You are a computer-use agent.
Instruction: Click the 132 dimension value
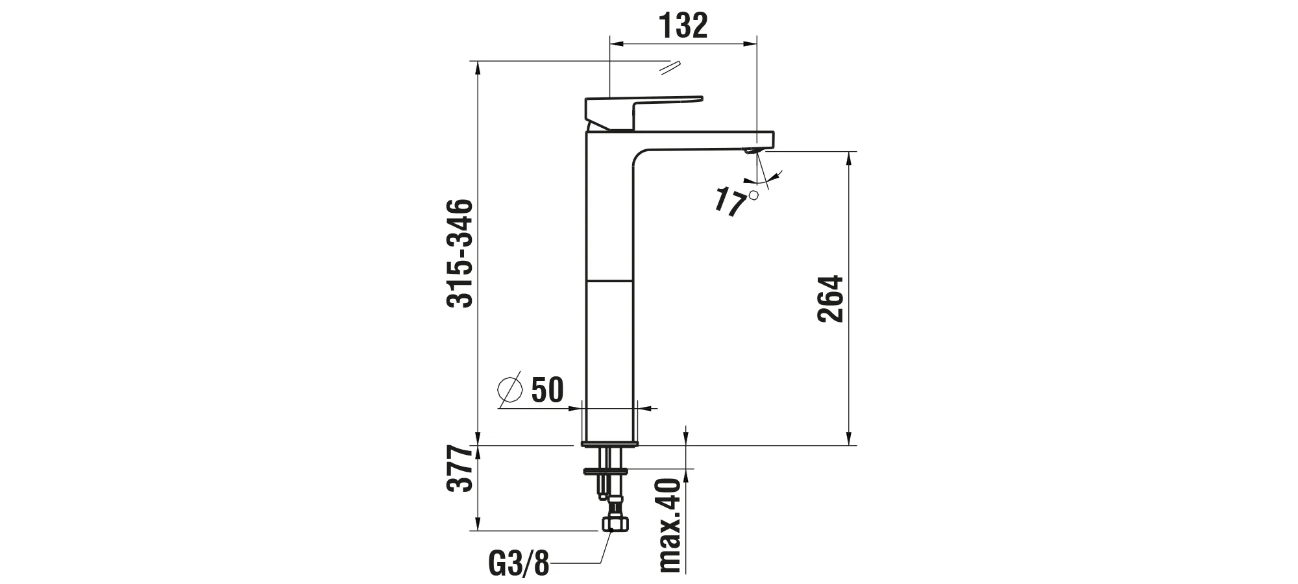(683, 26)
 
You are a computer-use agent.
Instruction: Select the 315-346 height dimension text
(460, 253)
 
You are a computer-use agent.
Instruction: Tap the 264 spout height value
(830, 298)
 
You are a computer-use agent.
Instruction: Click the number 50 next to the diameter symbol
(547, 390)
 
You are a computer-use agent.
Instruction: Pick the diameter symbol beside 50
(509, 389)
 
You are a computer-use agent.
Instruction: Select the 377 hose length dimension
(460, 468)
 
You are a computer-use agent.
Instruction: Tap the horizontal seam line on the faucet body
(609, 281)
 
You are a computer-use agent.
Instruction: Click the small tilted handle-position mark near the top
(669, 67)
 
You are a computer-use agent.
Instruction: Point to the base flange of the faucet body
(609, 444)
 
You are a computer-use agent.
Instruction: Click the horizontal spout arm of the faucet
(707, 140)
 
